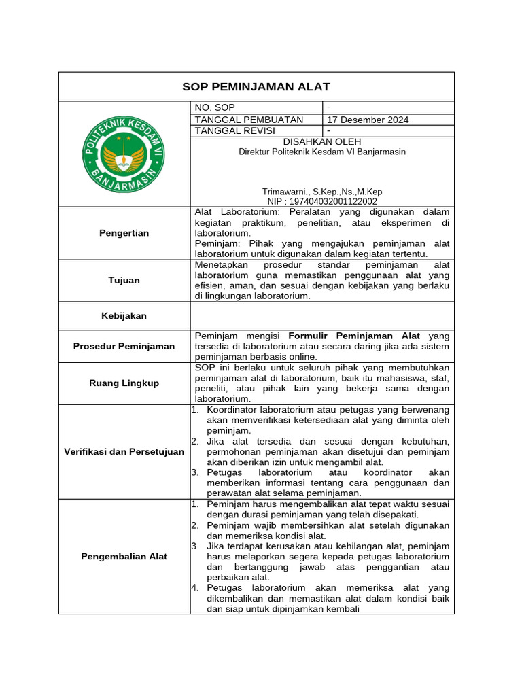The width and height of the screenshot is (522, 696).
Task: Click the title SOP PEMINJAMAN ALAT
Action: coord(256,86)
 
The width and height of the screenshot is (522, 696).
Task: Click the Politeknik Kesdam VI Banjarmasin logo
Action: coord(124,154)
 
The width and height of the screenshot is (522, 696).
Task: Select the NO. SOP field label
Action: coord(215,107)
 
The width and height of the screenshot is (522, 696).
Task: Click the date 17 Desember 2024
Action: coord(368,120)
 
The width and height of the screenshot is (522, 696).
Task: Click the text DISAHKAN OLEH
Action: coord(322,141)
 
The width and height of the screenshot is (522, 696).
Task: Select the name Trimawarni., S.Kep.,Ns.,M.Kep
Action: coord(322,192)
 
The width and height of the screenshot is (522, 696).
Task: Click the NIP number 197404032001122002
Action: coord(322,201)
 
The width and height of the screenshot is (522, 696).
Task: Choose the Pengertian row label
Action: coord(124,233)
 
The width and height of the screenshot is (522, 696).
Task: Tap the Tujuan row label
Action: coord(124,280)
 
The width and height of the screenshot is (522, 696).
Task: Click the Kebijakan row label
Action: coord(124,315)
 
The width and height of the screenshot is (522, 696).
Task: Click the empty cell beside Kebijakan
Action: coord(322,315)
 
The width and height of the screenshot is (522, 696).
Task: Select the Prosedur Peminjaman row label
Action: coord(124,346)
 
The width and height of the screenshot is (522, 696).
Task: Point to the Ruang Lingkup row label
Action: coord(124,383)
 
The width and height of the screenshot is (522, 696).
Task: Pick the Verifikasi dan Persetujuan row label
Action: coord(124,451)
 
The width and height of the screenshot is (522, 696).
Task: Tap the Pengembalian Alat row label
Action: coord(124,556)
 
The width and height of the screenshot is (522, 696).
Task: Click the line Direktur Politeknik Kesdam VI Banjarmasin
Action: coord(322,152)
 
